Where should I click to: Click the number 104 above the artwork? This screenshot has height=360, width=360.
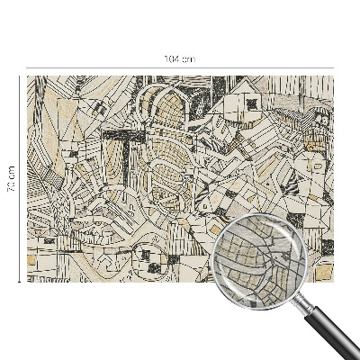pyautogui.click(x=173, y=58)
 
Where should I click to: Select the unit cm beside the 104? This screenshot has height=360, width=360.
pyautogui.click(x=187, y=58)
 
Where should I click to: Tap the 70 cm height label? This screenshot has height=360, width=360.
pyautogui.click(x=12, y=179)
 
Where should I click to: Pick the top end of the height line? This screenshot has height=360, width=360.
pyautogui.click(x=20, y=76)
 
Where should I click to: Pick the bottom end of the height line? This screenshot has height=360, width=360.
pyautogui.click(x=20, y=282)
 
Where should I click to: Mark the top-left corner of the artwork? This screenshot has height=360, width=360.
pyautogui.click(x=27, y=76)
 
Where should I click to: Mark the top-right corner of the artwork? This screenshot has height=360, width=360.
pyautogui.click(x=333, y=76)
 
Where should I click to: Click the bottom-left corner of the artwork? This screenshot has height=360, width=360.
pyautogui.click(x=27, y=282)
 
